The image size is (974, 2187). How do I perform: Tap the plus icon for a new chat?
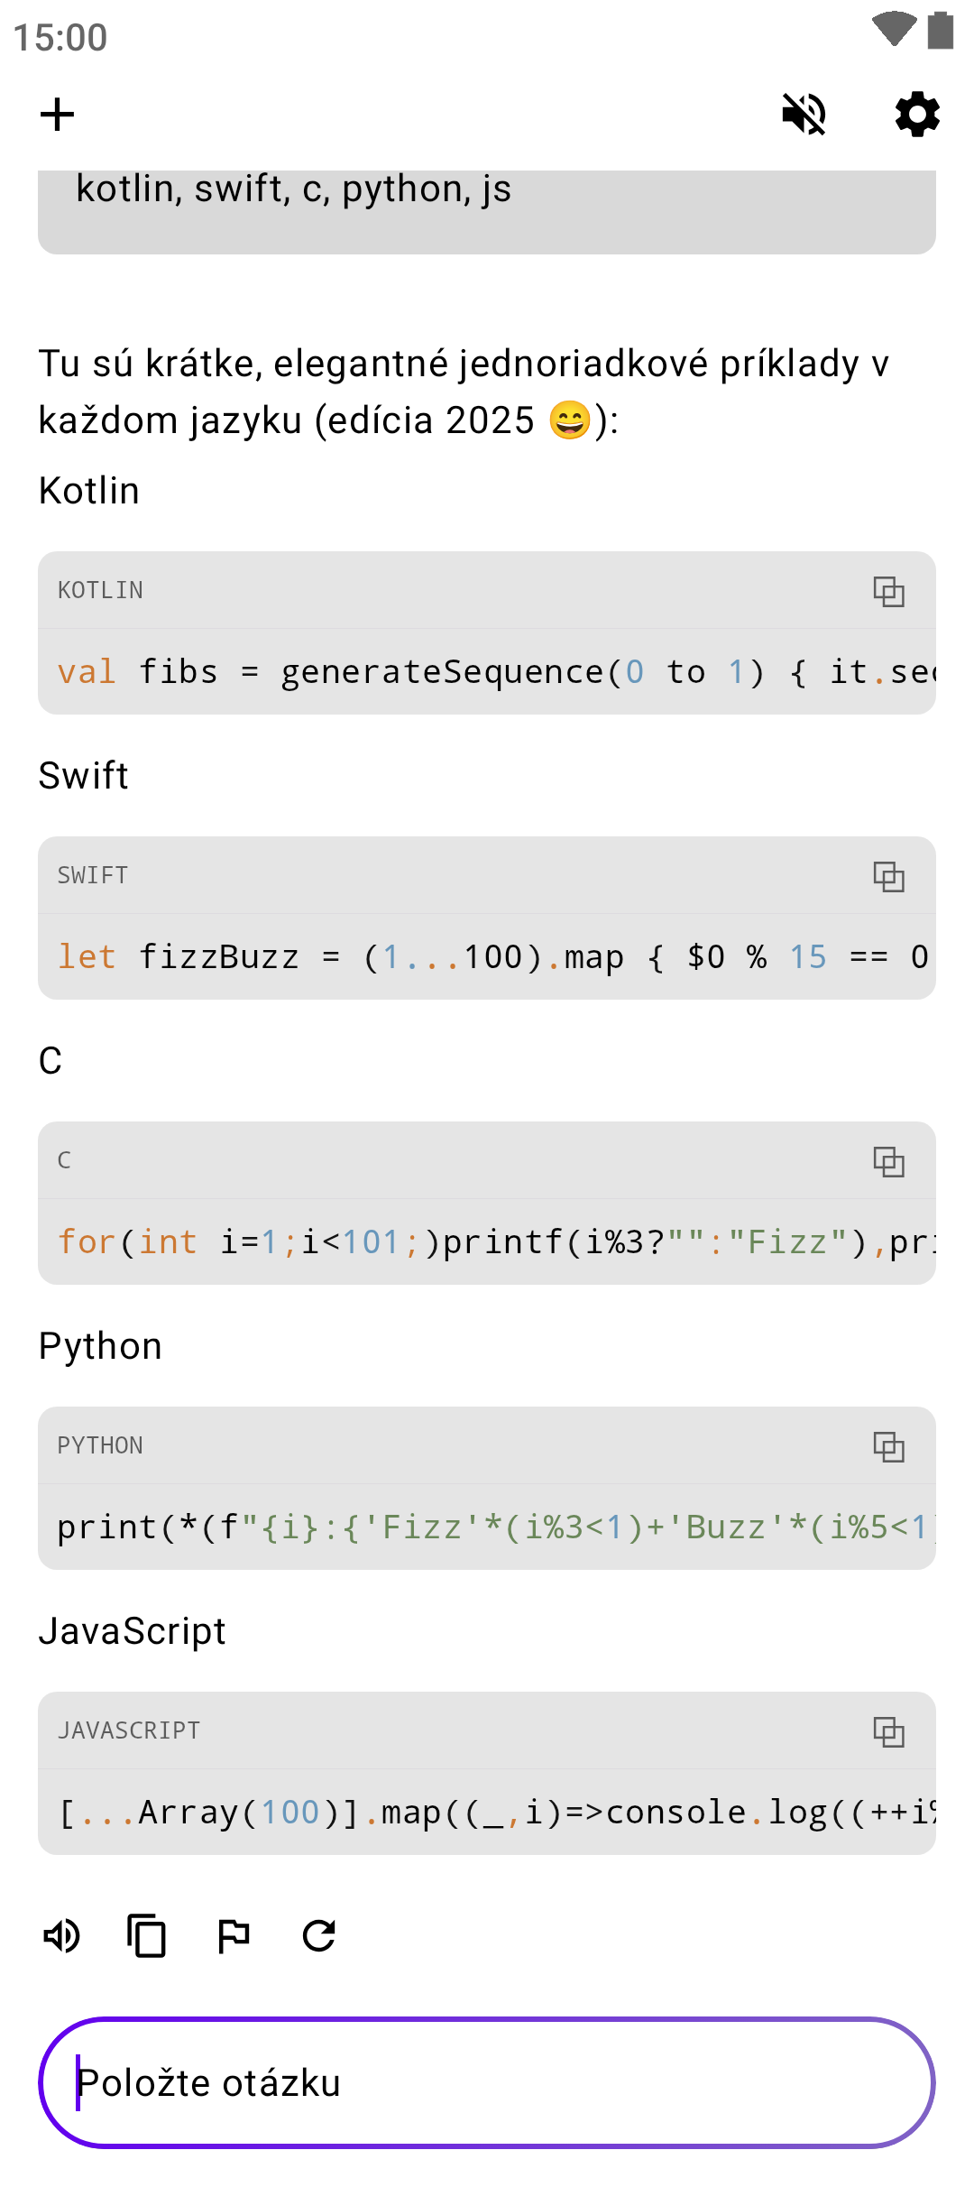coord(58,115)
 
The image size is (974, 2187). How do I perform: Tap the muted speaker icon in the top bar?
coord(804,115)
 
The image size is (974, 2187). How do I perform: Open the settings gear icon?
coord(917,115)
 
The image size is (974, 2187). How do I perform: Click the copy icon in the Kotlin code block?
coord(888,592)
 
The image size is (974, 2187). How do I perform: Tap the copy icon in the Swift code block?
coord(888,877)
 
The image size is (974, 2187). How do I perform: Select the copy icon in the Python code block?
coord(888,1447)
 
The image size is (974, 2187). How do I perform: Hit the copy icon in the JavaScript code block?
coord(888,1732)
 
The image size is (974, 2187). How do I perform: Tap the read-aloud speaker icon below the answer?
coord(62,1935)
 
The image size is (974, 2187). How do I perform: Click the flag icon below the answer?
coord(234,1935)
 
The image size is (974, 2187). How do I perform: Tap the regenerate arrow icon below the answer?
coord(319,1935)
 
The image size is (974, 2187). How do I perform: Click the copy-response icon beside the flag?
coord(147,1935)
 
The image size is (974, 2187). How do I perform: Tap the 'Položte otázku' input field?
coord(487,2083)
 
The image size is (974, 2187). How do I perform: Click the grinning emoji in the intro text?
coord(570,420)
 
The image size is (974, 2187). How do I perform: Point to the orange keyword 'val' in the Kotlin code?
coord(87,672)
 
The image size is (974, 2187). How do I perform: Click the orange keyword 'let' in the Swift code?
coord(87,957)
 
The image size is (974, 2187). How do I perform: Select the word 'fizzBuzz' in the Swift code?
coord(218,957)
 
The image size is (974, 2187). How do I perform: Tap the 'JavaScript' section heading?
coord(133,1631)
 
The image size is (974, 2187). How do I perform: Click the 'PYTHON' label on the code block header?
coord(100,1445)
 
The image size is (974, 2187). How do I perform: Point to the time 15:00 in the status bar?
coord(60,38)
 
